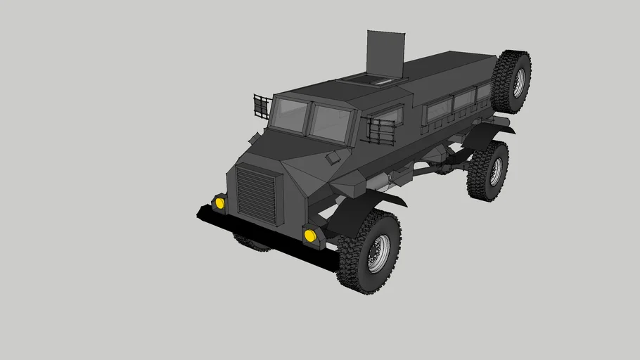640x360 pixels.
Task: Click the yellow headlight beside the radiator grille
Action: [x=220, y=203]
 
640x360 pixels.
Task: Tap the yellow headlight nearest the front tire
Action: [x=310, y=235]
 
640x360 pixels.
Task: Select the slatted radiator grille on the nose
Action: [x=258, y=193]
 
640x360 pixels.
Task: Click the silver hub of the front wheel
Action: [x=379, y=253]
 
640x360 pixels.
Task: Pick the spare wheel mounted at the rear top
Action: [x=511, y=81]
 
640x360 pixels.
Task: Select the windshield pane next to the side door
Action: [x=331, y=123]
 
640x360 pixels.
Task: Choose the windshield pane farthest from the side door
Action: [x=290, y=114]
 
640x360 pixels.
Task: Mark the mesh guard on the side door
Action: [x=382, y=131]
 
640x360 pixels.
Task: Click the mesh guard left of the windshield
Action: [x=261, y=107]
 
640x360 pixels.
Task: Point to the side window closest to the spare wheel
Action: [x=482, y=95]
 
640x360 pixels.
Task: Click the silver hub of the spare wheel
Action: [x=518, y=83]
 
